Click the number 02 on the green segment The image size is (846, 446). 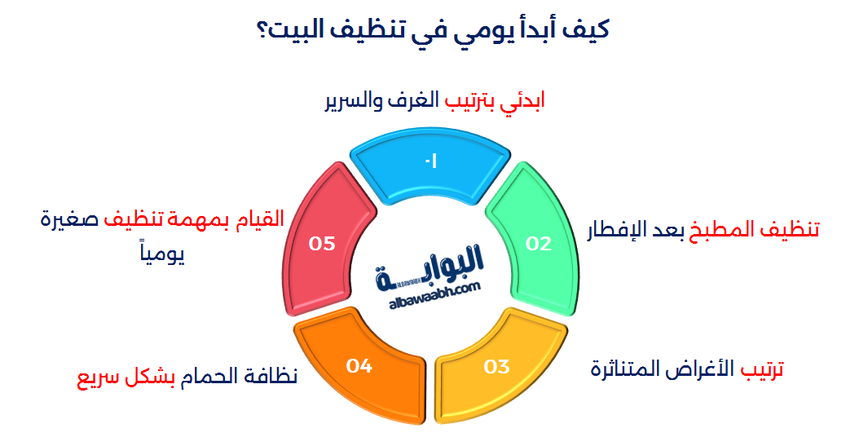click(x=538, y=243)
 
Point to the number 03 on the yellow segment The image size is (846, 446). click(x=496, y=366)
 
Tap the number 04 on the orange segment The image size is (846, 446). click(x=359, y=366)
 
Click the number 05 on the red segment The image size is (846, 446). click(x=322, y=243)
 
